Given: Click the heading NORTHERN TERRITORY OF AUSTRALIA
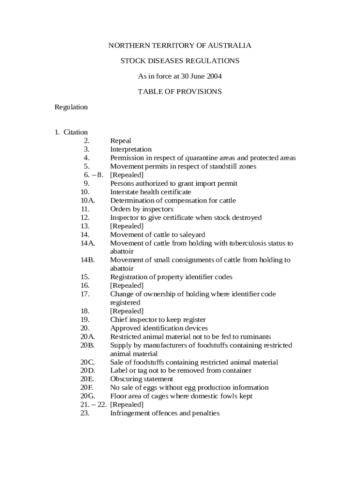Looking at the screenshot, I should coord(180,45).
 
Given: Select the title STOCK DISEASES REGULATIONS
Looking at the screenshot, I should coord(180,61).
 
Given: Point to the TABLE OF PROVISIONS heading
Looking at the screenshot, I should coord(180,92).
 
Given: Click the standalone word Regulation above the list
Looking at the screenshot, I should coord(71,107).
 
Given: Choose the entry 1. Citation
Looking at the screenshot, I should coord(71,132).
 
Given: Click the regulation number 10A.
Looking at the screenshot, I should coord(87,201).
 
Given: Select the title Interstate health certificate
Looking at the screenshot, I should coord(151,192).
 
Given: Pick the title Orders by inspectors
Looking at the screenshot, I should coord(142,209).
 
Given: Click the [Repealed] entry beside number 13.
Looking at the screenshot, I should coord(127,226).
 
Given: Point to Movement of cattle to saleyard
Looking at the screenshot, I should coord(158,235).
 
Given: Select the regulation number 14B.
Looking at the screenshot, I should coord(87,260).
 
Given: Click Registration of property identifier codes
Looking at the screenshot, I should coord(171,277).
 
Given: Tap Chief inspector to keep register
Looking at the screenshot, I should coord(158,320).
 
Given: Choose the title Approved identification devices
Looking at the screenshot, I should coord(159,328).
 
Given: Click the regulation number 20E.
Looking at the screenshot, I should coord(87,379).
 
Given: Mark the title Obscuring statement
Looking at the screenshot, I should coord(141,379).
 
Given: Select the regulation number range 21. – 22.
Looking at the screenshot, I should coord(93,405).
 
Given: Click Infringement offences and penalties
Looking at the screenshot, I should coord(165,414).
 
